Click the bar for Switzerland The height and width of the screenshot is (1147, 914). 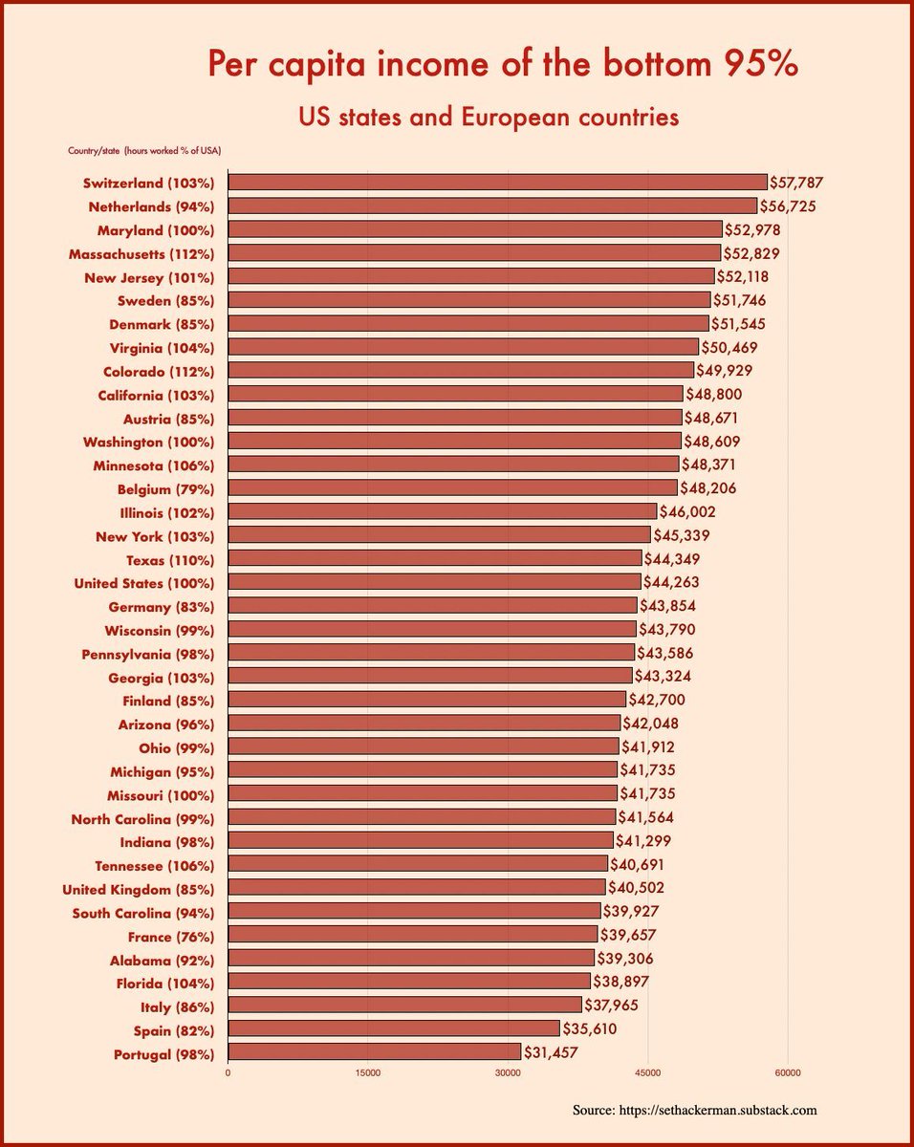(x=497, y=182)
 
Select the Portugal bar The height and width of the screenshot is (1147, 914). (x=375, y=1051)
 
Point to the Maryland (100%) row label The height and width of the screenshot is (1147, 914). (x=155, y=229)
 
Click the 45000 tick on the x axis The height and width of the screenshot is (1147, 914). (x=648, y=1072)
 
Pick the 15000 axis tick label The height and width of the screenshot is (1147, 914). (x=368, y=1072)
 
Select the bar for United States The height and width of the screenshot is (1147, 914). (x=434, y=582)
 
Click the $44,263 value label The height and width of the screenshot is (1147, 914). (x=674, y=582)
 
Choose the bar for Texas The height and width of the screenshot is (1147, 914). (x=435, y=558)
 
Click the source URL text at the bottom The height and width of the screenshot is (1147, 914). (x=695, y=1111)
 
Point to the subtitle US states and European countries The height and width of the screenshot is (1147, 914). (x=489, y=117)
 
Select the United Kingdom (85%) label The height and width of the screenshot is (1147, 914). (x=138, y=889)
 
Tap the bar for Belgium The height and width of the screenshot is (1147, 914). (x=452, y=487)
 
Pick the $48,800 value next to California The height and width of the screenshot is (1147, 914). (x=714, y=394)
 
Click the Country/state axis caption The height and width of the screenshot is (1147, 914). (x=94, y=150)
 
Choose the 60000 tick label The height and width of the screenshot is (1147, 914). (x=788, y=1072)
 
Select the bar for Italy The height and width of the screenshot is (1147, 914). (x=404, y=1005)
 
